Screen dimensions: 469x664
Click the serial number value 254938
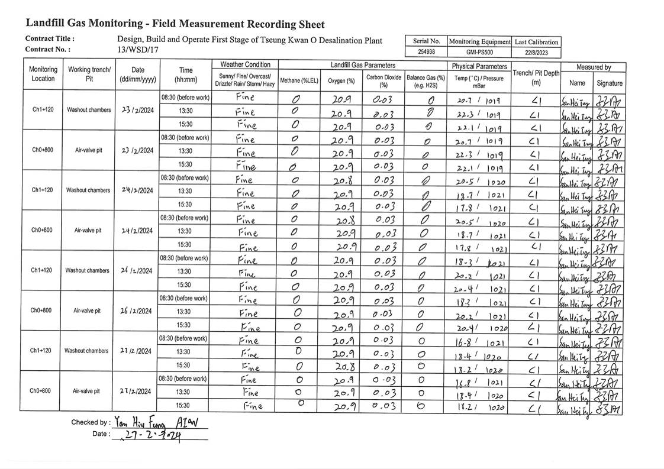(x=426, y=52)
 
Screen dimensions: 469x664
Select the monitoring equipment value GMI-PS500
(x=479, y=52)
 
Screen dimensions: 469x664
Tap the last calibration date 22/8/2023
(x=536, y=52)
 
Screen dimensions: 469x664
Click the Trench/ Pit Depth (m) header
(x=536, y=77)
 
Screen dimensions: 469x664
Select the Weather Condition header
(x=245, y=64)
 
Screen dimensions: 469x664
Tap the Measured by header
(x=594, y=67)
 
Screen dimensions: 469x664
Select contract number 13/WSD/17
(x=138, y=50)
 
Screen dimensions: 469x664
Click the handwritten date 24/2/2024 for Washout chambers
(x=137, y=190)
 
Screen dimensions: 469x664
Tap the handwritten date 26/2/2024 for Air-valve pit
(x=137, y=311)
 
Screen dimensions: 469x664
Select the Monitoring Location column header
(x=43, y=74)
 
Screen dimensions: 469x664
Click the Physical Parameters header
(x=479, y=66)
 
